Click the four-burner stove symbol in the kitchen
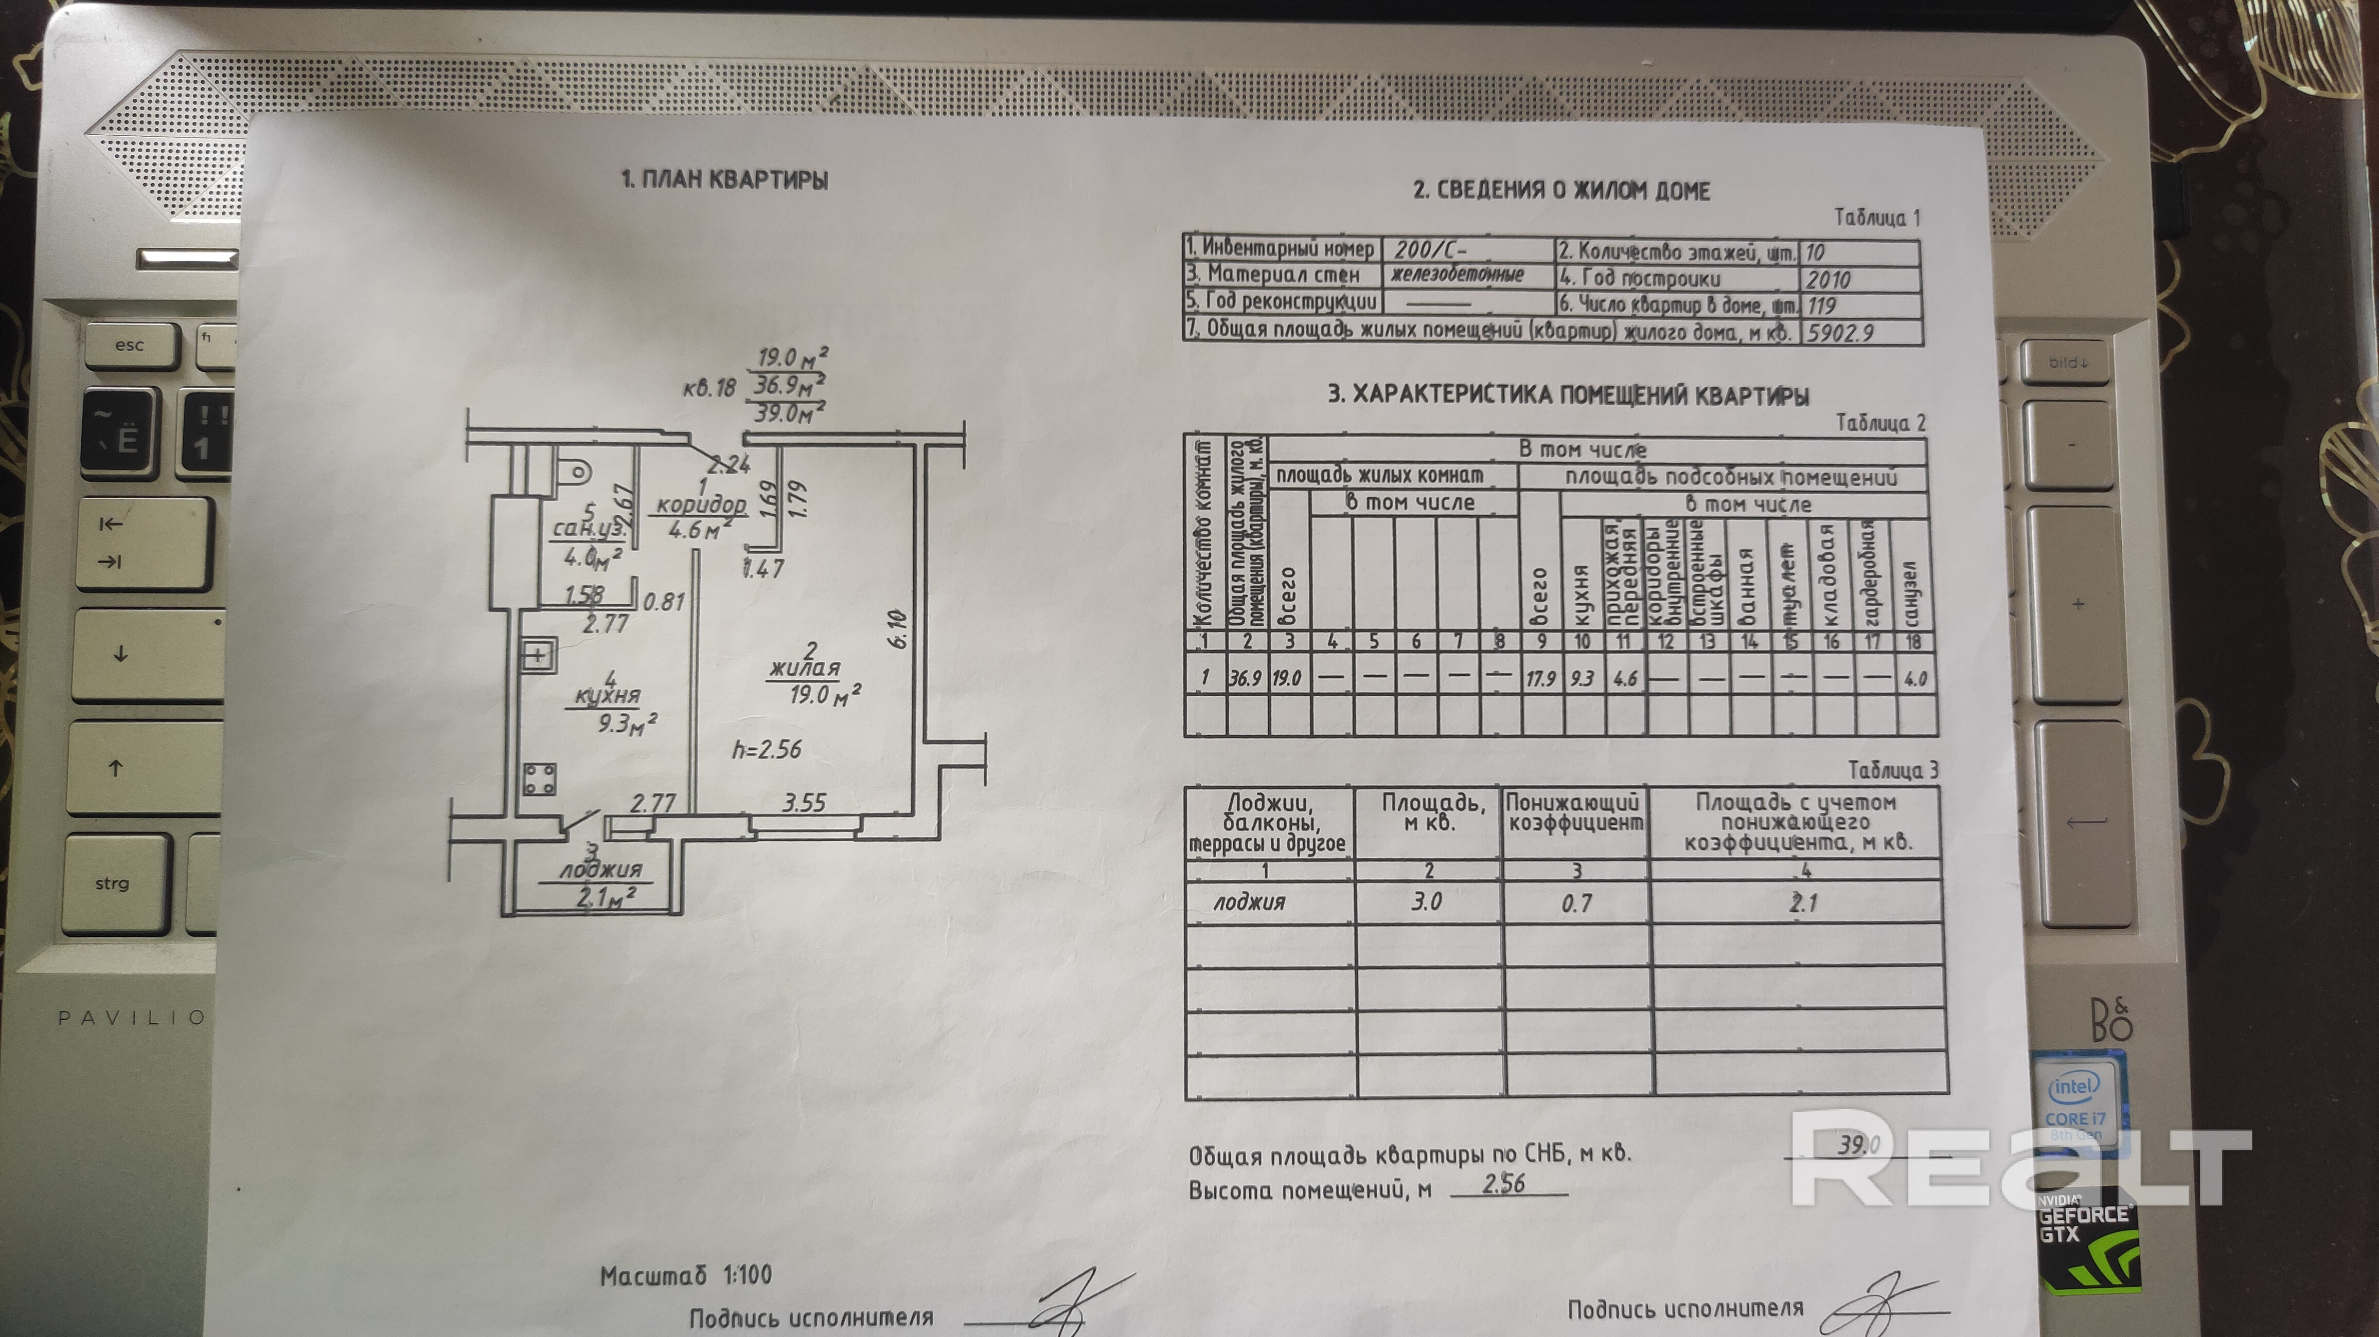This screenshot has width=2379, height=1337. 539,779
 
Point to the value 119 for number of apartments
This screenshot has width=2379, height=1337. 1821,305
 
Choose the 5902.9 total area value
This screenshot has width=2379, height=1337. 1840,332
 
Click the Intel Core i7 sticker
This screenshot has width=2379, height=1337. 2074,1104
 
